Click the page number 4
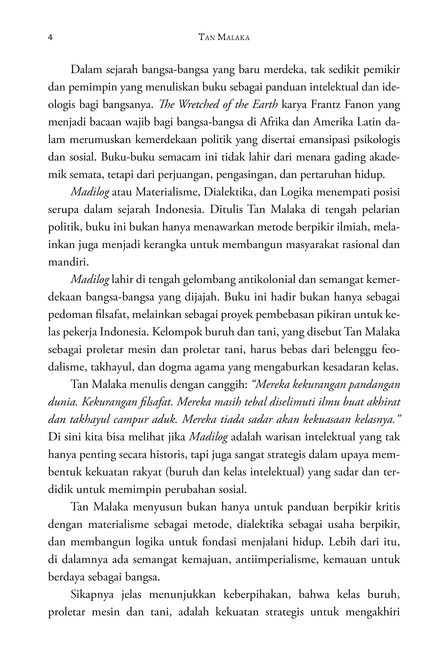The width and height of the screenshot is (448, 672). pyautogui.click(x=50, y=37)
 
